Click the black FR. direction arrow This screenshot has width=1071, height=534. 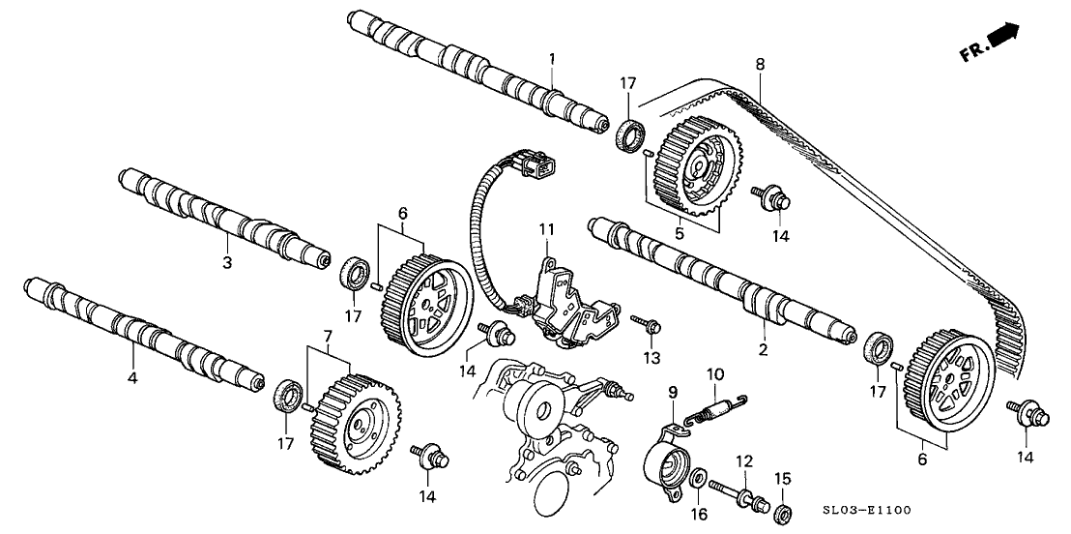pos(1005,37)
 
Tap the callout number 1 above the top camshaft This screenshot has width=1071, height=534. pos(552,60)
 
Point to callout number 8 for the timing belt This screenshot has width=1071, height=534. pos(760,65)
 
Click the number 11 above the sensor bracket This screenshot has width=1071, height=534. pos(547,229)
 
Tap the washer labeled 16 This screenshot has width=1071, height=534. pos(696,478)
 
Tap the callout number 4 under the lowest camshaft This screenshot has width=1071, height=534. pos(132,377)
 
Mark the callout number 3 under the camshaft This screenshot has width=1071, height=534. pos(227,262)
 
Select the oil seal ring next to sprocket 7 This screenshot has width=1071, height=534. pos(287,396)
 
